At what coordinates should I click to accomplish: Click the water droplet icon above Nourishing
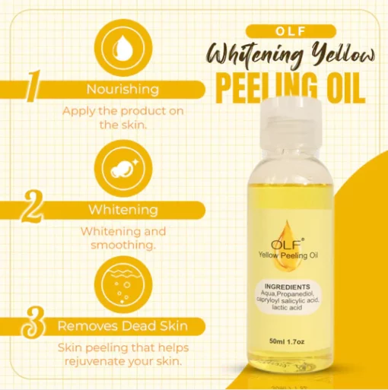click(123, 49)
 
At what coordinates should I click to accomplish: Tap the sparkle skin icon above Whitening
click(123, 168)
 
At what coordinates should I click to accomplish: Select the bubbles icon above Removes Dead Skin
click(123, 284)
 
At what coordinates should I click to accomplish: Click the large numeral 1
click(33, 86)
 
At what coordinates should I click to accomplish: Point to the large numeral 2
click(32, 207)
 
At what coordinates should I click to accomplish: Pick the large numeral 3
click(33, 324)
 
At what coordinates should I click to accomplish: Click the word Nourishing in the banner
click(122, 89)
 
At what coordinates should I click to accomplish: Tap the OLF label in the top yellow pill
click(291, 31)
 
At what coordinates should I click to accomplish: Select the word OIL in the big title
click(345, 87)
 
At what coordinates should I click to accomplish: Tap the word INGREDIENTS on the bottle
click(287, 287)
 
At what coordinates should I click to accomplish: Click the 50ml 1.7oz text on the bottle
click(287, 342)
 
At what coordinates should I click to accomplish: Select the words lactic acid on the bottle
click(287, 308)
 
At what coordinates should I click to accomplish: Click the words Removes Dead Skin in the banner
click(122, 326)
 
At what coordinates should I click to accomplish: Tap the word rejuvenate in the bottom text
click(94, 362)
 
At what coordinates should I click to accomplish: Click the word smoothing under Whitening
click(123, 246)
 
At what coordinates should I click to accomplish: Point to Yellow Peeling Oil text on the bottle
click(288, 255)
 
